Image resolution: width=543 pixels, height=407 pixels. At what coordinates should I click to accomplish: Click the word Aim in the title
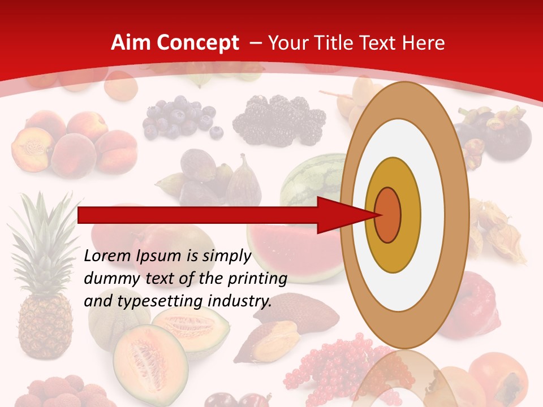131,43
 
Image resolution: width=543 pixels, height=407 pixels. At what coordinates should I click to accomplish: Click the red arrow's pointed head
339,215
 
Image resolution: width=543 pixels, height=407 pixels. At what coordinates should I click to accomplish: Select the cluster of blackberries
280,119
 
